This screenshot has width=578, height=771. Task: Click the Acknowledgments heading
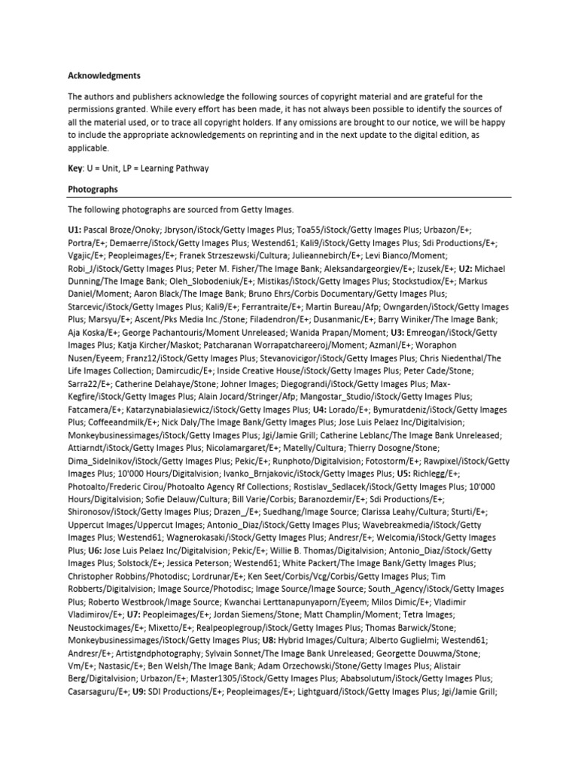coord(104,75)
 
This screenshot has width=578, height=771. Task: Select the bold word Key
coord(76,169)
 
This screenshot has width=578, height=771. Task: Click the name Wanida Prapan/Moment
coord(346,331)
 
